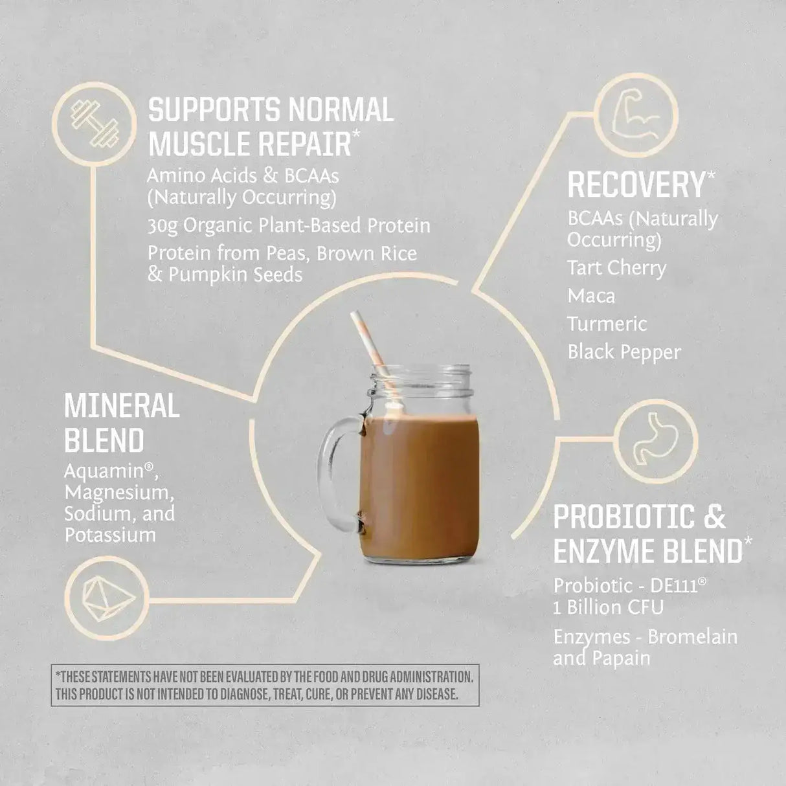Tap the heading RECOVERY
636,185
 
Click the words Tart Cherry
616,268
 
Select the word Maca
591,297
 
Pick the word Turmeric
607,324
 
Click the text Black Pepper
624,352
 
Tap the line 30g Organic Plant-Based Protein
289,226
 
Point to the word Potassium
110,535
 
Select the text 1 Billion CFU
608,607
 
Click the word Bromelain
692,637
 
